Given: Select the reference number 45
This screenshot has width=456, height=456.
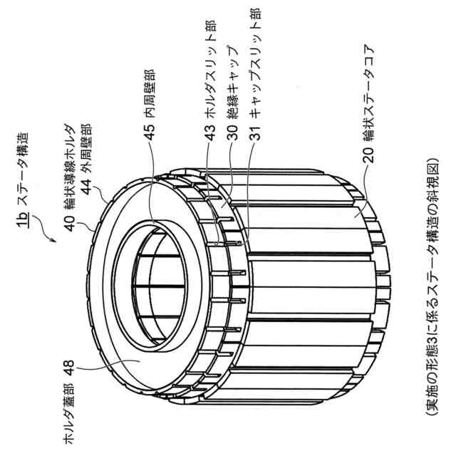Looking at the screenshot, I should tap(150, 135).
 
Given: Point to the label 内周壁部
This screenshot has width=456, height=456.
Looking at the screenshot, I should tap(150, 98).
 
